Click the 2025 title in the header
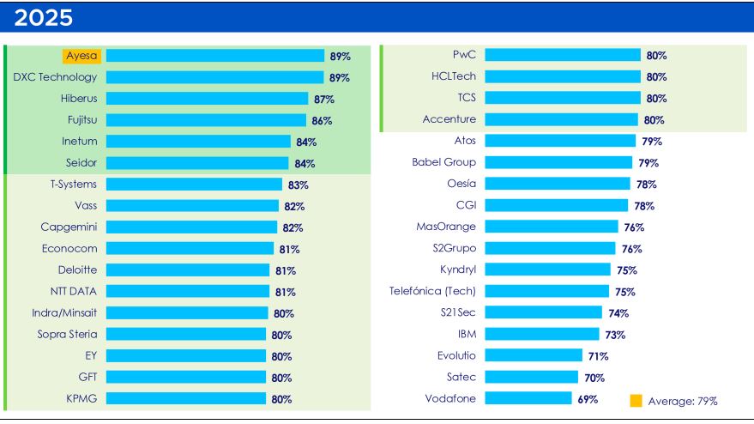(x=43, y=18)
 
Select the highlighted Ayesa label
(x=82, y=56)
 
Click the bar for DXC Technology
(x=215, y=77)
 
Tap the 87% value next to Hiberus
(x=323, y=100)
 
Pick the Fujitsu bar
(x=206, y=120)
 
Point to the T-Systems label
(x=74, y=184)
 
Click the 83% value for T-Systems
(x=298, y=185)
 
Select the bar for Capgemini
(x=192, y=227)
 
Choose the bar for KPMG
(x=186, y=398)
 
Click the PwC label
(x=464, y=55)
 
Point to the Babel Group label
(x=444, y=162)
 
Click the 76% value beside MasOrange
(x=633, y=227)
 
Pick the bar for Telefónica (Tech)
(x=546, y=291)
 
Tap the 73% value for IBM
(x=614, y=335)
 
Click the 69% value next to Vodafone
(x=588, y=399)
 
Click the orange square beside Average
(x=636, y=400)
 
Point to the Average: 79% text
(x=683, y=401)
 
